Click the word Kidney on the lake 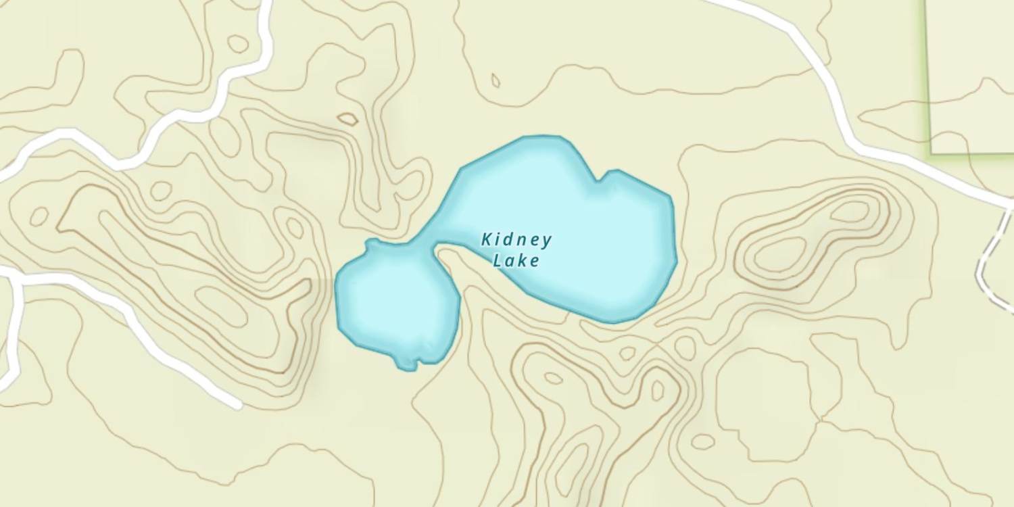click(517, 240)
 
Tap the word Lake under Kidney click(516, 261)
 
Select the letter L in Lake click(498, 261)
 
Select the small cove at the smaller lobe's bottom click(408, 366)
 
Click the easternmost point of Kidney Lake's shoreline click(676, 260)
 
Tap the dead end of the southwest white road click(237, 406)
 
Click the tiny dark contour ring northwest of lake click(347, 119)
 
